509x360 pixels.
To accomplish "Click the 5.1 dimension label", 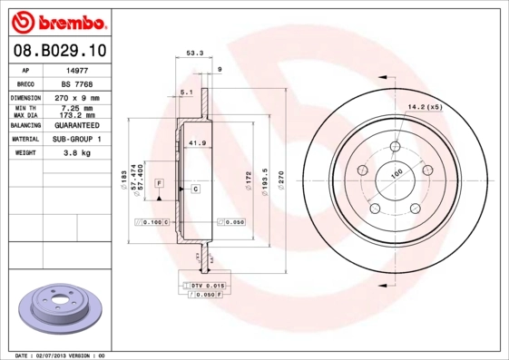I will pyautogui.click(x=186, y=92).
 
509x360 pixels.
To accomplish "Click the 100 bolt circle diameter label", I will pyautogui.click(x=396, y=173).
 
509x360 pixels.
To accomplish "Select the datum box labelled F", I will pyautogui.click(x=159, y=183).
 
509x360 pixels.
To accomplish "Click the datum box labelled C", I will pyautogui.click(x=195, y=188).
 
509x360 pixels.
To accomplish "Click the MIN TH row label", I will pyautogui.click(x=24, y=107).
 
